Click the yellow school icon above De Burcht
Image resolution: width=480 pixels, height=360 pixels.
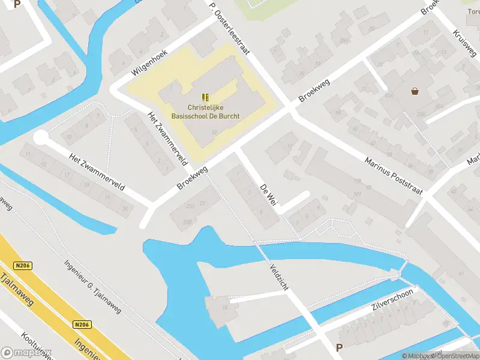coord(206,97)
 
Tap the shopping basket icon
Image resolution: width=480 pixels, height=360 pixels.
coord(415,92)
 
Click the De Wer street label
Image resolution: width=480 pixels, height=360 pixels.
coord(268,197)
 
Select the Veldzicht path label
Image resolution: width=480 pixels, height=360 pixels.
coord(280,277)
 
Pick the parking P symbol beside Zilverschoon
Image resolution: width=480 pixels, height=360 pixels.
coord(339,347)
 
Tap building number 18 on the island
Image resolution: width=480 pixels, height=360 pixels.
coord(226,307)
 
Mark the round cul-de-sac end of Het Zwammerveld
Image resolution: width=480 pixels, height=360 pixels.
coord(40,138)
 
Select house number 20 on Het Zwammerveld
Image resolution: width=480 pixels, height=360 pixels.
coord(124,208)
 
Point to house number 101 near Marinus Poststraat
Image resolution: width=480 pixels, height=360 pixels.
coord(357,194)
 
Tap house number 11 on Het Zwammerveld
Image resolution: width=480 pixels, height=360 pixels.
coord(28,154)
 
